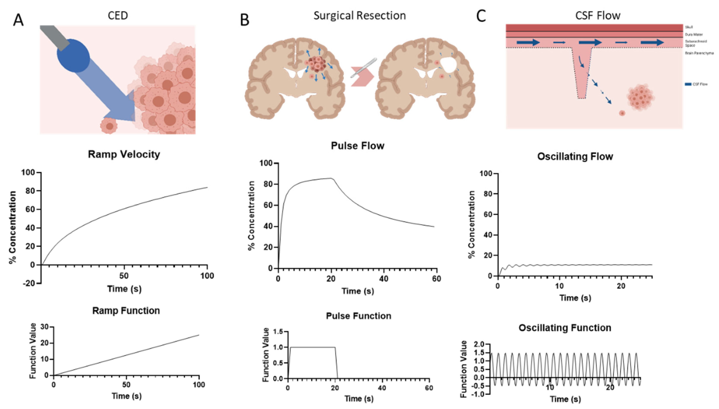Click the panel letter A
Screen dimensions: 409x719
[18, 20]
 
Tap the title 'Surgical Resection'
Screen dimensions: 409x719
[359, 15]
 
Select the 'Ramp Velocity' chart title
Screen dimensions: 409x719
[124, 154]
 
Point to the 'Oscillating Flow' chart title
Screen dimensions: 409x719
[575, 157]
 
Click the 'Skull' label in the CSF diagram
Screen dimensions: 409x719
[689, 27]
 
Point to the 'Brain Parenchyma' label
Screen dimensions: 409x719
[699, 53]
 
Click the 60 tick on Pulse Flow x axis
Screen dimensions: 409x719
[436, 279]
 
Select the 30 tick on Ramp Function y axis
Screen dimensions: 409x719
[44, 327]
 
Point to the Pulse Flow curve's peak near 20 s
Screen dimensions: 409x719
[331, 178]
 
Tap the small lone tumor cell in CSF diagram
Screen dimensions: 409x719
[622, 113]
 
